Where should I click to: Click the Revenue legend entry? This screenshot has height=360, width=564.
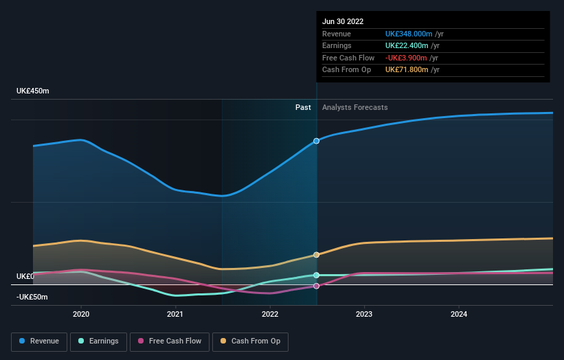(40, 341)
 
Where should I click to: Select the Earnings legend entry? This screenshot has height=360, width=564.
(98, 341)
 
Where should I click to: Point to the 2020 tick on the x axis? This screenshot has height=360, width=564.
(81, 314)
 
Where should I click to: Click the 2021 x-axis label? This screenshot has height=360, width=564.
(175, 314)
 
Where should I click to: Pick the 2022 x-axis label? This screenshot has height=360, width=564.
(270, 314)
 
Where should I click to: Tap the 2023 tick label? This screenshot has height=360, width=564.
(364, 314)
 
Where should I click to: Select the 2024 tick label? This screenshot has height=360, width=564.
(459, 314)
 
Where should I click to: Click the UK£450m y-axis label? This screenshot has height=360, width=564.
(33, 91)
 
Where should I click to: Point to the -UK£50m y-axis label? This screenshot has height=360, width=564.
(33, 297)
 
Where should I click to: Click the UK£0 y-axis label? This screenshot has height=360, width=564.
(25, 276)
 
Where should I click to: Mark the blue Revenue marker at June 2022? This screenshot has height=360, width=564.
(317, 141)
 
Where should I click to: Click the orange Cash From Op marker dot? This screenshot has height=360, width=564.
(317, 255)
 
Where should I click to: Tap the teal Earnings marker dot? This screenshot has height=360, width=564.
(317, 275)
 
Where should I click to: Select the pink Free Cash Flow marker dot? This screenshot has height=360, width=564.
(317, 286)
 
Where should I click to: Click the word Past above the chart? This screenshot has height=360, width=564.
(303, 107)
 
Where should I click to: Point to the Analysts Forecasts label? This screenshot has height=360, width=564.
(354, 107)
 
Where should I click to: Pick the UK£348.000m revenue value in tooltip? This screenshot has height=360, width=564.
(409, 34)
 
